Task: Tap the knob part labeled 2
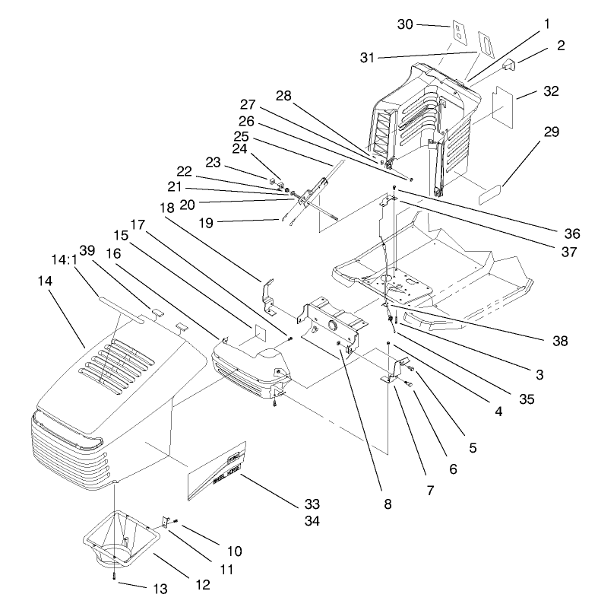508,66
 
